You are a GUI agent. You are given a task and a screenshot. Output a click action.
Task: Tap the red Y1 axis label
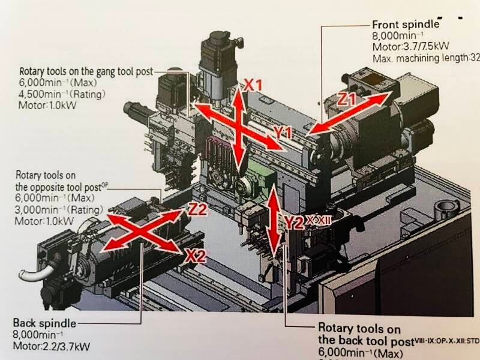[x=282, y=131]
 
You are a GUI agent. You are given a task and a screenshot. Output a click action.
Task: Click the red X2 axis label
[x=196, y=256]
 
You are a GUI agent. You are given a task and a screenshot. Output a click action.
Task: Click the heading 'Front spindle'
[x=406, y=25]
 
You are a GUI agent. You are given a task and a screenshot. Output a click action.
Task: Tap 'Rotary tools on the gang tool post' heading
[x=86, y=70]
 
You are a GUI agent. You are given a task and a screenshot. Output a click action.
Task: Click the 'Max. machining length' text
[x=420, y=58]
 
